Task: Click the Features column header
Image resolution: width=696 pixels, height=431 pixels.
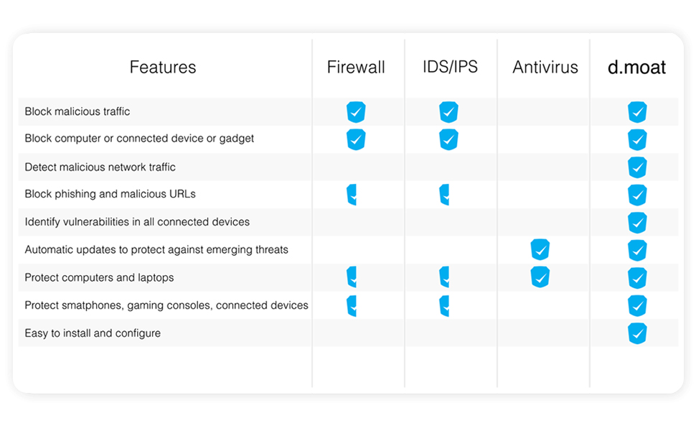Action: pos(162,68)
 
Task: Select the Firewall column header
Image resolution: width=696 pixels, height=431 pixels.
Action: pos(356,68)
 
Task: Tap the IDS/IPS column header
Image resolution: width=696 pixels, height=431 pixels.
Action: pos(450,67)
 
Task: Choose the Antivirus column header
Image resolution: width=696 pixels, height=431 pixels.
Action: pos(545,68)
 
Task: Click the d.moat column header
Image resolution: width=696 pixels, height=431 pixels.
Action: pos(637,68)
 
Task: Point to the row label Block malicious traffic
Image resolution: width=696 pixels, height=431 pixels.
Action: pos(77,111)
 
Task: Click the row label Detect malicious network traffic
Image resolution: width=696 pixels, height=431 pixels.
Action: pos(100,167)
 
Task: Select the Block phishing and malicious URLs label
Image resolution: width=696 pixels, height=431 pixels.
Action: pos(110,194)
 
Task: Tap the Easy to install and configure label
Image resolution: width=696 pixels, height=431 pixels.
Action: pos(93,333)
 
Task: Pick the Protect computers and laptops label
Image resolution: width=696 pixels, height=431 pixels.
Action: pos(99,277)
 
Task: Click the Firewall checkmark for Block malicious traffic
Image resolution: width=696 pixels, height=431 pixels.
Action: pos(356,112)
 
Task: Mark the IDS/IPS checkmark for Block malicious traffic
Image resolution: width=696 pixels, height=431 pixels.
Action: pos(448,112)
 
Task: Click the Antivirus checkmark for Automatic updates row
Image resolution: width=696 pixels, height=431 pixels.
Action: pos(540,250)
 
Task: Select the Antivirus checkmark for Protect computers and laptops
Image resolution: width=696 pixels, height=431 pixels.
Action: pos(540,277)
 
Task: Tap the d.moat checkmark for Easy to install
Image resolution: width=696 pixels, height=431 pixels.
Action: pos(637,333)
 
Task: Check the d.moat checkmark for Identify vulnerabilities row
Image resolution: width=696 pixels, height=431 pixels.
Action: pos(637,223)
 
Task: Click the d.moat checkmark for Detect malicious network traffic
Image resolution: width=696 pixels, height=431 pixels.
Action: pos(637,167)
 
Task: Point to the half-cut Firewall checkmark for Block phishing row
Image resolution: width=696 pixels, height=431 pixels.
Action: pos(352,195)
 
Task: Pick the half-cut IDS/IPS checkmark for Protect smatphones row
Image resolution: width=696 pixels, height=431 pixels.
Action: pos(444,305)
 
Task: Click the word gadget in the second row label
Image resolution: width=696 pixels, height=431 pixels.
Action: pos(236,139)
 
